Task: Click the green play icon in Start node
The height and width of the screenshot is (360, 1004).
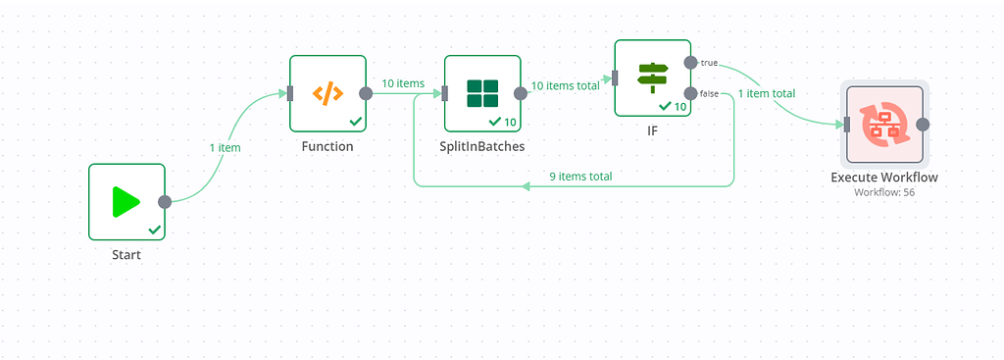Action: pos(125,202)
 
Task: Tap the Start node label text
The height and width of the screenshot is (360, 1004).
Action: pos(126,255)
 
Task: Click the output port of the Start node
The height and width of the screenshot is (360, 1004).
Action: pos(165,202)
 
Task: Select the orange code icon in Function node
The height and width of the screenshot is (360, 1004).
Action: pos(327,93)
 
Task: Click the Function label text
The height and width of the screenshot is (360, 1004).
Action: pos(327,147)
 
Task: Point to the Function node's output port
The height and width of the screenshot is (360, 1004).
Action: pos(366,93)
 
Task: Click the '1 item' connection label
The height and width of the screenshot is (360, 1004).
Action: pos(225,147)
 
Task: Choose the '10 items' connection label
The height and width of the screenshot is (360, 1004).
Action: pos(403,83)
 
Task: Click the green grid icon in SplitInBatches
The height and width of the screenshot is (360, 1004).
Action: pos(482,93)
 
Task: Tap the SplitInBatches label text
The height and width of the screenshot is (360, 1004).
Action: pos(482,147)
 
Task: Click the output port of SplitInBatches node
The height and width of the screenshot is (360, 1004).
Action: pos(521,93)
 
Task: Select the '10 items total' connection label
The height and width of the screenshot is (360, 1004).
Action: pos(565,85)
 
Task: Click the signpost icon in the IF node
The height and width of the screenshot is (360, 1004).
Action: pos(652,77)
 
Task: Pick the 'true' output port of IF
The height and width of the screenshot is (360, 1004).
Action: pos(691,63)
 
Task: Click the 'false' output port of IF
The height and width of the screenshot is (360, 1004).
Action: pos(691,93)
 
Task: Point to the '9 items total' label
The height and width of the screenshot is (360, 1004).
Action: pos(581,177)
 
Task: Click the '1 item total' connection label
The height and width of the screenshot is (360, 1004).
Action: pos(766,93)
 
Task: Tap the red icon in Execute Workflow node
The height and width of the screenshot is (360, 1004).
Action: pos(884,125)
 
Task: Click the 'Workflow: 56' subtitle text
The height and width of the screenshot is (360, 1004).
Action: pos(884,191)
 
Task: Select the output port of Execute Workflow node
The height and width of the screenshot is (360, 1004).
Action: pos(923,125)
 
